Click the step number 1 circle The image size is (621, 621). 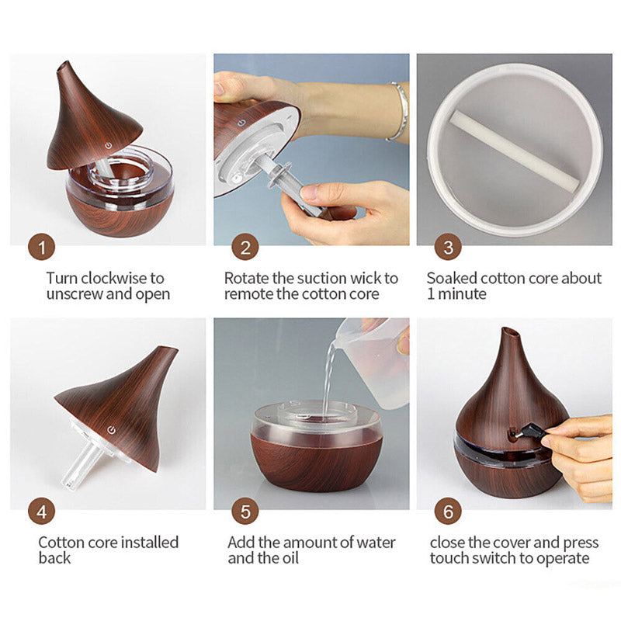coord(42,247)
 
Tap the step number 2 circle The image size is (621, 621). coord(245,247)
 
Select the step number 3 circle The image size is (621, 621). coord(448,247)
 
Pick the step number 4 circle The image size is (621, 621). coord(42,512)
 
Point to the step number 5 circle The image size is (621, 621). coord(245,512)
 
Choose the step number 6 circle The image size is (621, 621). coord(448,512)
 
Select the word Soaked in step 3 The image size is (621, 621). coord(452,278)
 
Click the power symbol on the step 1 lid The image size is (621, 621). coord(108,146)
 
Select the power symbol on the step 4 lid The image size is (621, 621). coord(111,430)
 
